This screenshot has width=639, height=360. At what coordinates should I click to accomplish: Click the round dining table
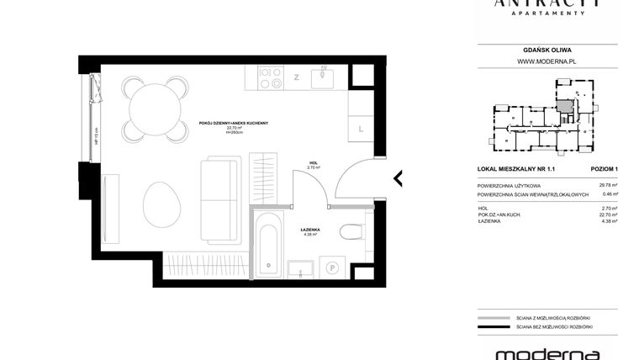click(155, 109)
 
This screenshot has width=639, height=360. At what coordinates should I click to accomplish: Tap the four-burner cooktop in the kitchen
click(270, 78)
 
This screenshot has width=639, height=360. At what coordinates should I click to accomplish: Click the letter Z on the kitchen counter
click(296, 78)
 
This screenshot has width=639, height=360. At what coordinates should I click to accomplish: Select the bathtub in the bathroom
click(269, 246)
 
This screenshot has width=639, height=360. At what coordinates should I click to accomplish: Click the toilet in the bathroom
click(352, 232)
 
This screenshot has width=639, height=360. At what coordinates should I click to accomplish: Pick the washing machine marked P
click(332, 267)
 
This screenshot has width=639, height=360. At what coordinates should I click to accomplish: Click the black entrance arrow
click(398, 178)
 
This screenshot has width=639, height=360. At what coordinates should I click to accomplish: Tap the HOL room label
click(313, 162)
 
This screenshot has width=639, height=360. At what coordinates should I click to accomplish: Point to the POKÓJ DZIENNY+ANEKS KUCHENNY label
click(233, 123)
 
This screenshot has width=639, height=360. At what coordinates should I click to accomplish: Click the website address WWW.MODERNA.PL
click(547, 61)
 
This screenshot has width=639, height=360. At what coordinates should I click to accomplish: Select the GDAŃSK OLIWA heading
click(547, 50)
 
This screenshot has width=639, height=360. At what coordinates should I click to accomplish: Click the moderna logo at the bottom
click(547, 353)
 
